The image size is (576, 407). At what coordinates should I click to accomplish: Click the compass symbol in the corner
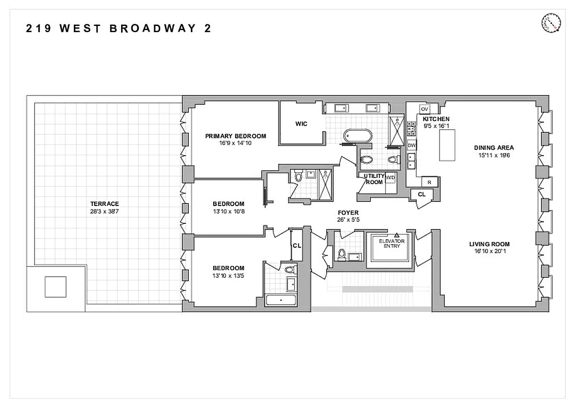551,23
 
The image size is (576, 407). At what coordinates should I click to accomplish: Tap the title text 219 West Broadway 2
119,28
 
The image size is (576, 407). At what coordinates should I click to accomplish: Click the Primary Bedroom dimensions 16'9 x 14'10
236,143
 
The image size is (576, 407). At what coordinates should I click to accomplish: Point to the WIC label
301,124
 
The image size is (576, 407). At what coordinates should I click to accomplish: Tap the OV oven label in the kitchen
424,109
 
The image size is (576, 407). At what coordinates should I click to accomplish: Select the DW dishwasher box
412,146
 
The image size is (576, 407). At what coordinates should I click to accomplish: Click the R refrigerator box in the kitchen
429,182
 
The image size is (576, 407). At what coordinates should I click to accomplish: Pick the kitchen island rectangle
447,145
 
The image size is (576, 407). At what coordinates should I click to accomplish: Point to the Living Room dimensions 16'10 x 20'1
489,250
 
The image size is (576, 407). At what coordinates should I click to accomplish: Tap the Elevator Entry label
392,243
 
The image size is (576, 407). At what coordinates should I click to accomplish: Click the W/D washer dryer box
390,178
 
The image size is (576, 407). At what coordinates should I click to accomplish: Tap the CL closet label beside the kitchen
421,194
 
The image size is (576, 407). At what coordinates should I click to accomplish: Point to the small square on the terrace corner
55,286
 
